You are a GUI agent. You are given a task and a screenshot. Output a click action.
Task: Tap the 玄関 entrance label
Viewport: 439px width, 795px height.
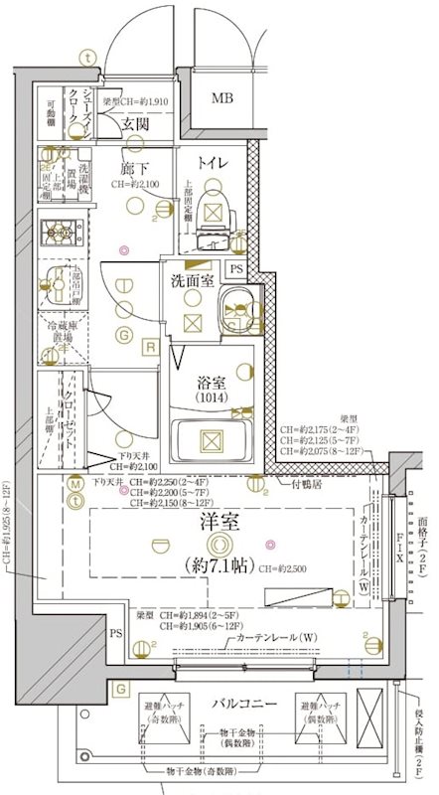pyautogui.click(x=135, y=123)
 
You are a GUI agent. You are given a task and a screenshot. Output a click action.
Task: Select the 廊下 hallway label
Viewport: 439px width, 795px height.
pyautogui.click(x=135, y=168)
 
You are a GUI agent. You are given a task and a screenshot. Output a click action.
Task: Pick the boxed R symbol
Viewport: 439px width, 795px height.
pyautogui.click(x=150, y=346)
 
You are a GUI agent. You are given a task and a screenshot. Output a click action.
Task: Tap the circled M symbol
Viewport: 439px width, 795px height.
pyautogui.click(x=75, y=484)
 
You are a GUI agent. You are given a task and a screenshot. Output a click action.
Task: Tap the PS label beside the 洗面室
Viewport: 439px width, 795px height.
pyautogui.click(x=236, y=269)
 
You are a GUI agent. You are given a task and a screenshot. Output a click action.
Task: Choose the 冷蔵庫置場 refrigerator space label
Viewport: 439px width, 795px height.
pyautogui.click(x=66, y=338)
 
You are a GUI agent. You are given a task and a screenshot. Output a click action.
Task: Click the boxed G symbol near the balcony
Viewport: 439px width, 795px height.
pyautogui.click(x=120, y=688)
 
